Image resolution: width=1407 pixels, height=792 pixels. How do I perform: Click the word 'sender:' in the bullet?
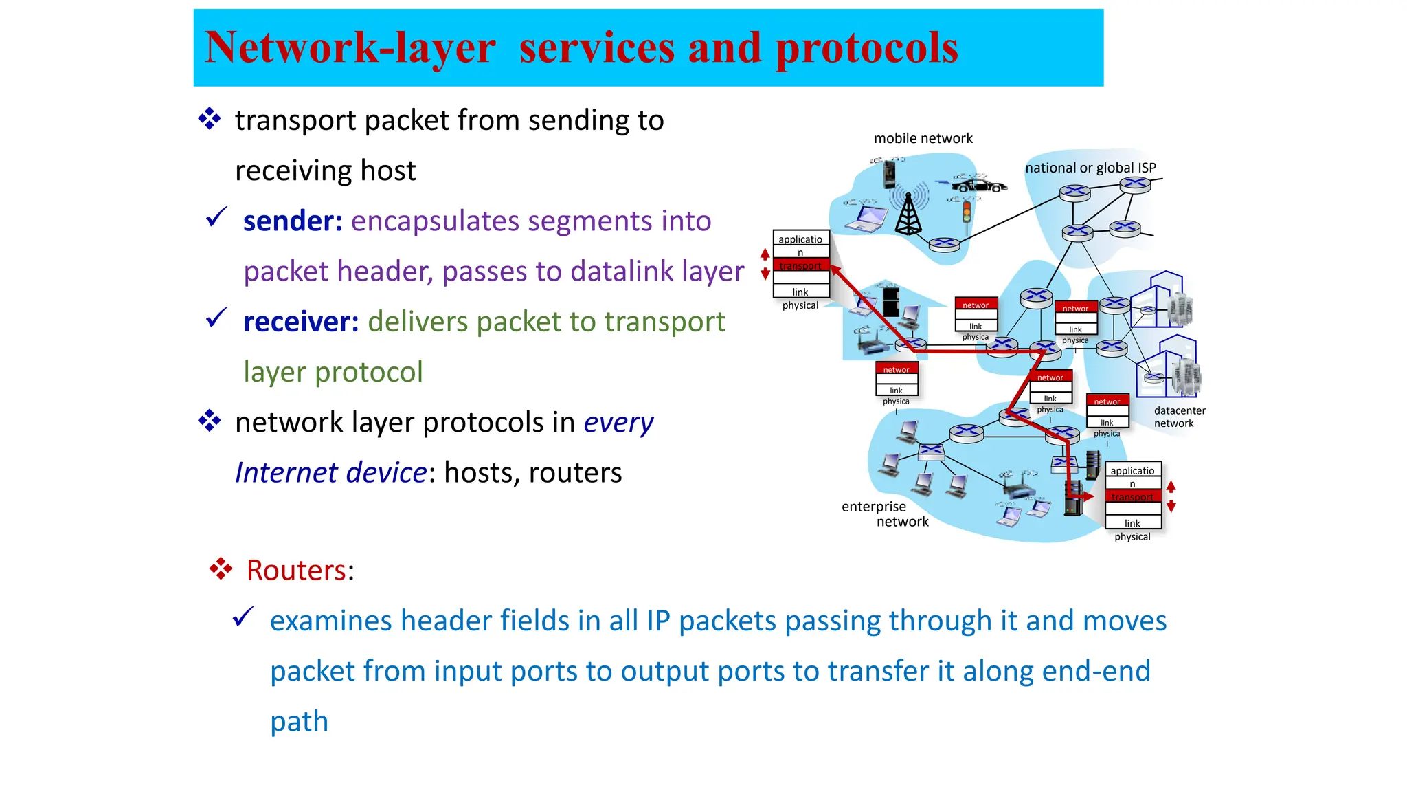point(293,221)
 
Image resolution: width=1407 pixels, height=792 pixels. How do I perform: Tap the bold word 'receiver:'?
point(301,322)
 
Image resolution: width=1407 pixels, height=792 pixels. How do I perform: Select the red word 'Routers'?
point(296,571)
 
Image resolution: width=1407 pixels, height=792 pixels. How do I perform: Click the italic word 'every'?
point(618,423)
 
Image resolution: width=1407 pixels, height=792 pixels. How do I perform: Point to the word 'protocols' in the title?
point(866,48)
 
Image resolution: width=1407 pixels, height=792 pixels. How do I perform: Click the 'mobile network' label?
point(923,138)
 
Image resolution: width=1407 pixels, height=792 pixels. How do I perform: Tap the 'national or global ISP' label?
point(1090,168)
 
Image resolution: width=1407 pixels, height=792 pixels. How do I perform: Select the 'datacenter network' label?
point(1179,417)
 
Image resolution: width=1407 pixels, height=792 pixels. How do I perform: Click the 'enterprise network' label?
point(884,514)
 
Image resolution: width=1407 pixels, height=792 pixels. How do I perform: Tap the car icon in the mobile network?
point(981,185)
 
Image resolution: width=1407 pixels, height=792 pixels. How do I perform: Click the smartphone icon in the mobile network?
point(889,173)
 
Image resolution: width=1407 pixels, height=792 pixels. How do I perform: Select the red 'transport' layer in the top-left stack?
point(800,265)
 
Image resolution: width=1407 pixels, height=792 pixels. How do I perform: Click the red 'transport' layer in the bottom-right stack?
point(1132,497)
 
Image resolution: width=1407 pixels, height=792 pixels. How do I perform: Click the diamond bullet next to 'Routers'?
point(221,569)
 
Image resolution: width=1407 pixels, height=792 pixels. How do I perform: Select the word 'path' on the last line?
point(299,722)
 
